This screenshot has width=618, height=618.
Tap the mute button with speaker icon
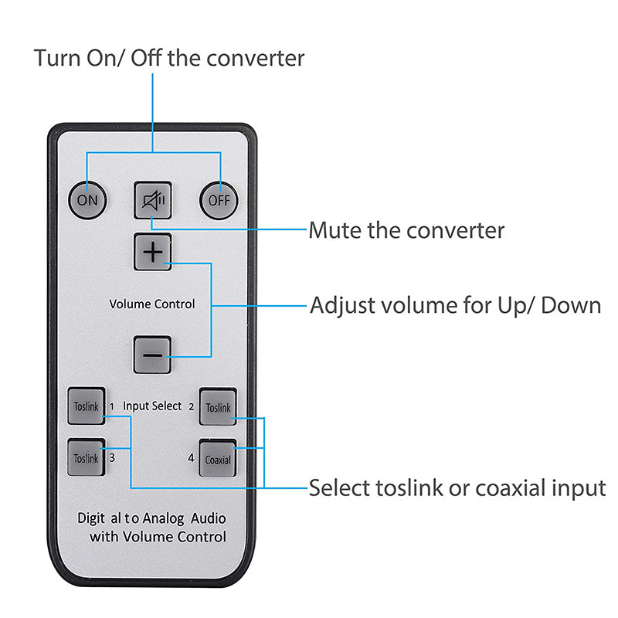[153, 200]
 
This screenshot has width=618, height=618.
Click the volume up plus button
[153, 252]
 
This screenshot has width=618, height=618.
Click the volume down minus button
[153, 355]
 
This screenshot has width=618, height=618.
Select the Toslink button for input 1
[86, 406]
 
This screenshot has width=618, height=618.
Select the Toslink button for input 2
[218, 407]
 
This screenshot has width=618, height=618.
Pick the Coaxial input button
[218, 459]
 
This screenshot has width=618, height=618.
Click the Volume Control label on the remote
[152, 304]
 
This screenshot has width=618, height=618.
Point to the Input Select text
[152, 406]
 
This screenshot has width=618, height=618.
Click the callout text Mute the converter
[406, 230]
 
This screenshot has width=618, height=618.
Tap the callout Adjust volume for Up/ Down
[455, 305]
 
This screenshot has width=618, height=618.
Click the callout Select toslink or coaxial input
[457, 487]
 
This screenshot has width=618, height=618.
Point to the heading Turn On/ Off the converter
[169, 58]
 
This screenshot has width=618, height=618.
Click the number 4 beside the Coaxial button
[191, 457]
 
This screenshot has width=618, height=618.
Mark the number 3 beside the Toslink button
[112, 457]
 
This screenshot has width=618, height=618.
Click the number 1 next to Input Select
[111, 406]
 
